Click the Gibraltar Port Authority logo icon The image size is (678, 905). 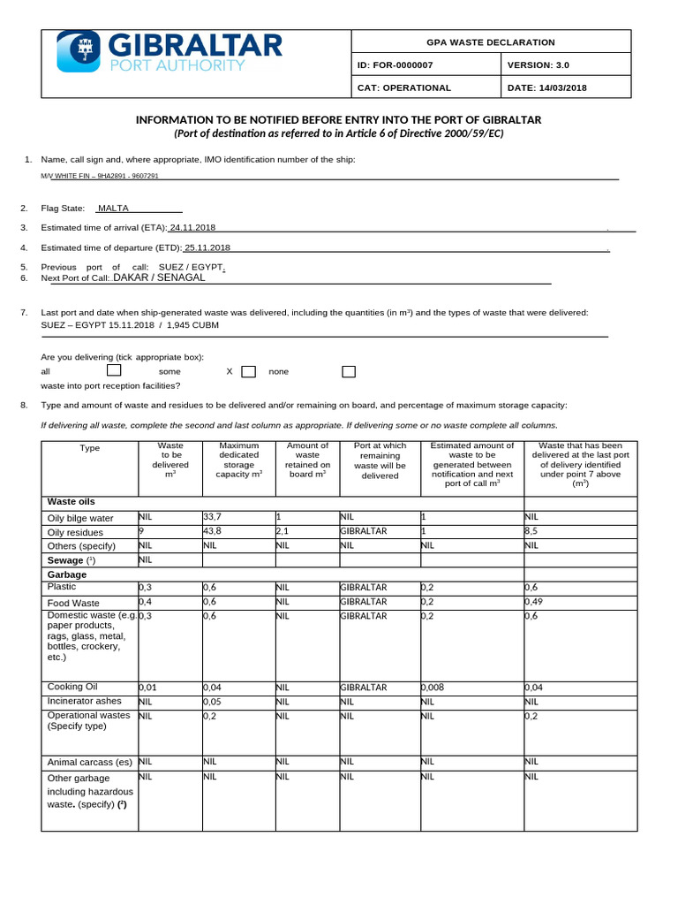point(79,51)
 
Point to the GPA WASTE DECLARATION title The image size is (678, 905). point(492,42)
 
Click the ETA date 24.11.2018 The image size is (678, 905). point(192,228)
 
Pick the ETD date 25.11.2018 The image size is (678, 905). point(207,248)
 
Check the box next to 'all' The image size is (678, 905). point(114,371)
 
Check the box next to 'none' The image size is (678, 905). point(348,371)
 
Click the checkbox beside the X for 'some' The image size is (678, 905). point(248,371)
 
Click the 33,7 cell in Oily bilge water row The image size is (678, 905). point(213,517)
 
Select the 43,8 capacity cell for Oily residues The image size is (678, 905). point(213,532)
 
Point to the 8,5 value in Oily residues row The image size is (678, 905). point(531,532)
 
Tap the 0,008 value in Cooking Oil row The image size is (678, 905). point(434,688)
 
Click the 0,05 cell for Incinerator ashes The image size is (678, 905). point(213,702)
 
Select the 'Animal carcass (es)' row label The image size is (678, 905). point(89,762)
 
